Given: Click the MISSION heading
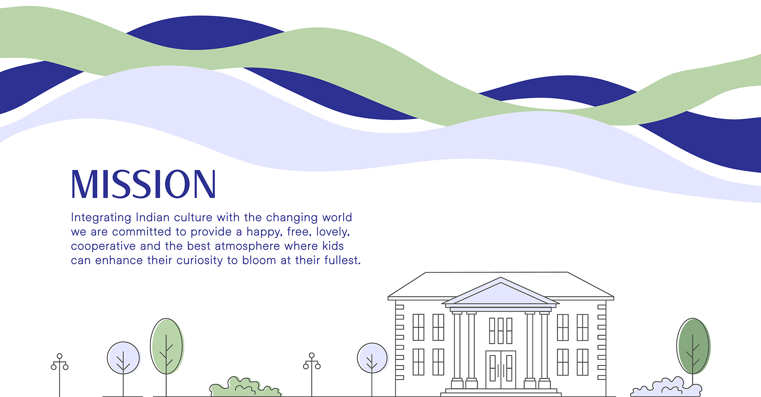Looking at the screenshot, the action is pyautogui.click(x=143, y=184).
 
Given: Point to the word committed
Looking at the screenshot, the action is pyautogui.click(x=144, y=231).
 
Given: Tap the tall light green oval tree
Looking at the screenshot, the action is pyautogui.click(x=167, y=346).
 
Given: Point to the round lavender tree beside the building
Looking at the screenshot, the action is pyautogui.click(x=372, y=358).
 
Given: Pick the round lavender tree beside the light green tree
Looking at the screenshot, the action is pyautogui.click(x=124, y=358).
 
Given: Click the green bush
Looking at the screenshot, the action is pyautogui.click(x=245, y=387).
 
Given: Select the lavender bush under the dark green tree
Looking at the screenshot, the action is pyautogui.click(x=666, y=387).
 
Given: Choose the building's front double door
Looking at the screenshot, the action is pyautogui.click(x=501, y=370).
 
